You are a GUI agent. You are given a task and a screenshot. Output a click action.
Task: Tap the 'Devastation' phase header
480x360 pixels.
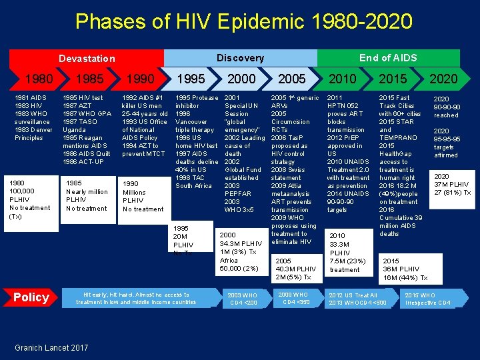pyautogui.click(x=87, y=58)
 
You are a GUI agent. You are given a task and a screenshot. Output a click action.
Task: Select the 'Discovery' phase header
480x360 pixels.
pyautogui.click(x=240, y=58)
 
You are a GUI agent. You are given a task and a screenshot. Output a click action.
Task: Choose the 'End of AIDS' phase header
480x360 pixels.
pyautogui.click(x=388, y=58)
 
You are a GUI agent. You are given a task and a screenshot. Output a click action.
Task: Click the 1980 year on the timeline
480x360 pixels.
pyautogui.click(x=38, y=79)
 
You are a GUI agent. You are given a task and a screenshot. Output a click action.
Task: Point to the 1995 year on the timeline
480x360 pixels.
pyautogui.click(x=191, y=79)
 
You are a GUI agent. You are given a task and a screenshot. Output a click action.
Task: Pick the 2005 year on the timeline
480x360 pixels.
pyautogui.click(x=291, y=79)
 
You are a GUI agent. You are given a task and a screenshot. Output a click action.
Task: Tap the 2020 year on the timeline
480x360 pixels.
pyautogui.click(x=443, y=79)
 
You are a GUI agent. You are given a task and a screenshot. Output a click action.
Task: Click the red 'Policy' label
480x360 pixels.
pyautogui.click(x=31, y=297)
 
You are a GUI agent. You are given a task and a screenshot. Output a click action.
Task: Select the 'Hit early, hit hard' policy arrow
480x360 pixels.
pyautogui.click(x=137, y=298)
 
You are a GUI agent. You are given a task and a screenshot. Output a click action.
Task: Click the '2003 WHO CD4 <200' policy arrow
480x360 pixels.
pyautogui.click(x=243, y=299)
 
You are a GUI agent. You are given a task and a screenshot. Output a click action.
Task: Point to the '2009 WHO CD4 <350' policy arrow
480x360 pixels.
pyautogui.click(x=294, y=298)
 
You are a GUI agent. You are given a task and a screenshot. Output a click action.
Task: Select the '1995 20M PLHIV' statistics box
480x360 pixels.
pyautogui.click(x=184, y=240)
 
